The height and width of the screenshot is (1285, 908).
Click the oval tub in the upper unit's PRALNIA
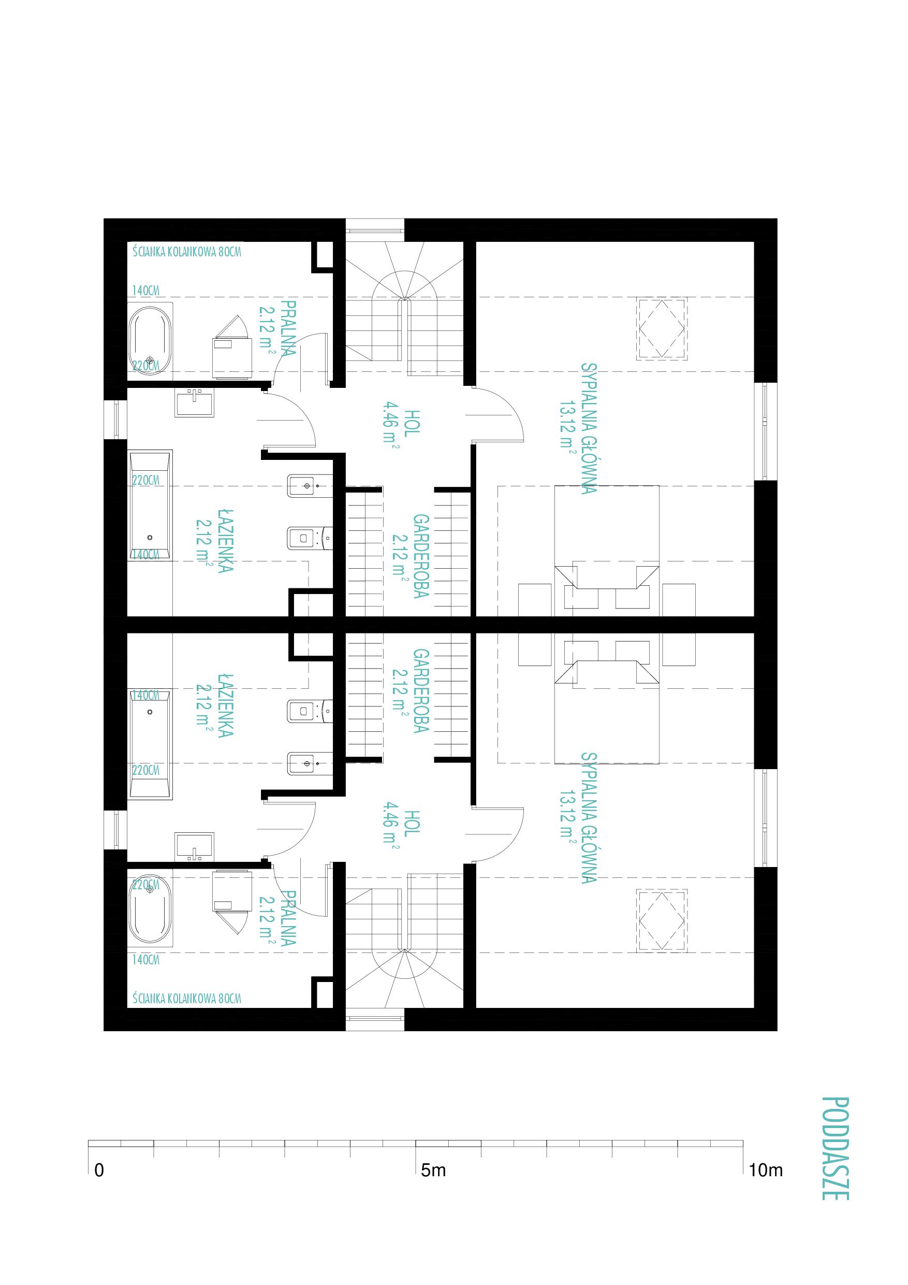coord(150,338)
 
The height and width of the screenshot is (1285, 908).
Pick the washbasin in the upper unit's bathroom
coord(194,403)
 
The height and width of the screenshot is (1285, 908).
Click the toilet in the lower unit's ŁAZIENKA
coord(310,711)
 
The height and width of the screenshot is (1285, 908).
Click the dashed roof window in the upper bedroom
coord(661,329)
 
